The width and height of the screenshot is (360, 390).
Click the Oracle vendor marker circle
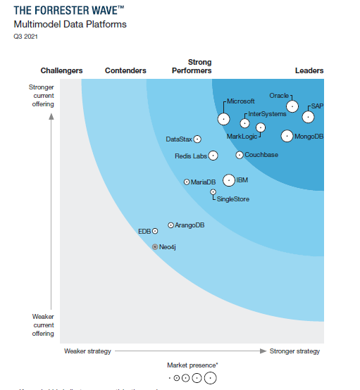(x=292, y=106)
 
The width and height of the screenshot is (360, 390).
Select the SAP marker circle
(x=308, y=117)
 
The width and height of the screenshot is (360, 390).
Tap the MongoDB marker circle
(x=287, y=136)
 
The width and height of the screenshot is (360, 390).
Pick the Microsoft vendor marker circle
(x=223, y=119)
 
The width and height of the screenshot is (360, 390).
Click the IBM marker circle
(x=228, y=180)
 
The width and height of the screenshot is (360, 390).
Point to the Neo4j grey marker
(x=155, y=247)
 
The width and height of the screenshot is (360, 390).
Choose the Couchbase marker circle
(x=240, y=155)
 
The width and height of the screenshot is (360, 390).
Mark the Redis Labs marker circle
(x=213, y=156)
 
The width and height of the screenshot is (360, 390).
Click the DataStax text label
(x=179, y=139)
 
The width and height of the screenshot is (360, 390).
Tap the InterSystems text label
(x=267, y=114)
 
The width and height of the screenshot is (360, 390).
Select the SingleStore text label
(x=232, y=199)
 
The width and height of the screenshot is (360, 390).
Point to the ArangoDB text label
(x=190, y=225)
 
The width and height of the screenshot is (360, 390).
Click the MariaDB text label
(x=203, y=182)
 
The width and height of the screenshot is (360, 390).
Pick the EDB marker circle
(x=155, y=231)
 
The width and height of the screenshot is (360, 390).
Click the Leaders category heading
(x=309, y=70)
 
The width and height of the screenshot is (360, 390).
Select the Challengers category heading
(x=61, y=70)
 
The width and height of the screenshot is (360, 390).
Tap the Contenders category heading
(x=125, y=70)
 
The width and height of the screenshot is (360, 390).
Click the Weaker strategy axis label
(x=87, y=351)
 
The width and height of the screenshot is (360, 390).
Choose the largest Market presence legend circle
(x=210, y=379)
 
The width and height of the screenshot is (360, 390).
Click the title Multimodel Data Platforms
(x=70, y=25)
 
